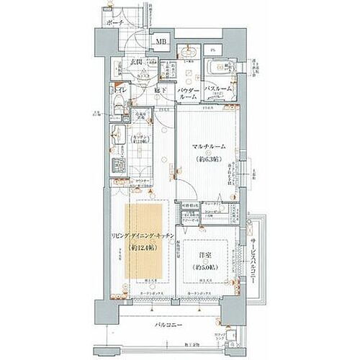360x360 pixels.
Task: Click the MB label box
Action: [x=162, y=42]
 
